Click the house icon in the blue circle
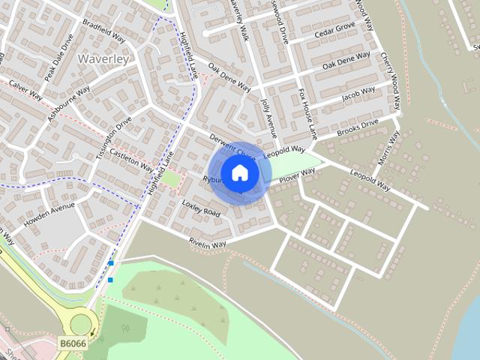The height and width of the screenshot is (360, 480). coord(240,173)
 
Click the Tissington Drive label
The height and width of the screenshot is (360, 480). coord(113,132)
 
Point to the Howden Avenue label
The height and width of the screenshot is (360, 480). coord(49,214)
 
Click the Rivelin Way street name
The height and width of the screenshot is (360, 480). coord(207,243)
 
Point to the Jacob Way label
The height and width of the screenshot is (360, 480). coord(358,94)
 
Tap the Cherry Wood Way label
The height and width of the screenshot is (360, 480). coord(392,71)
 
